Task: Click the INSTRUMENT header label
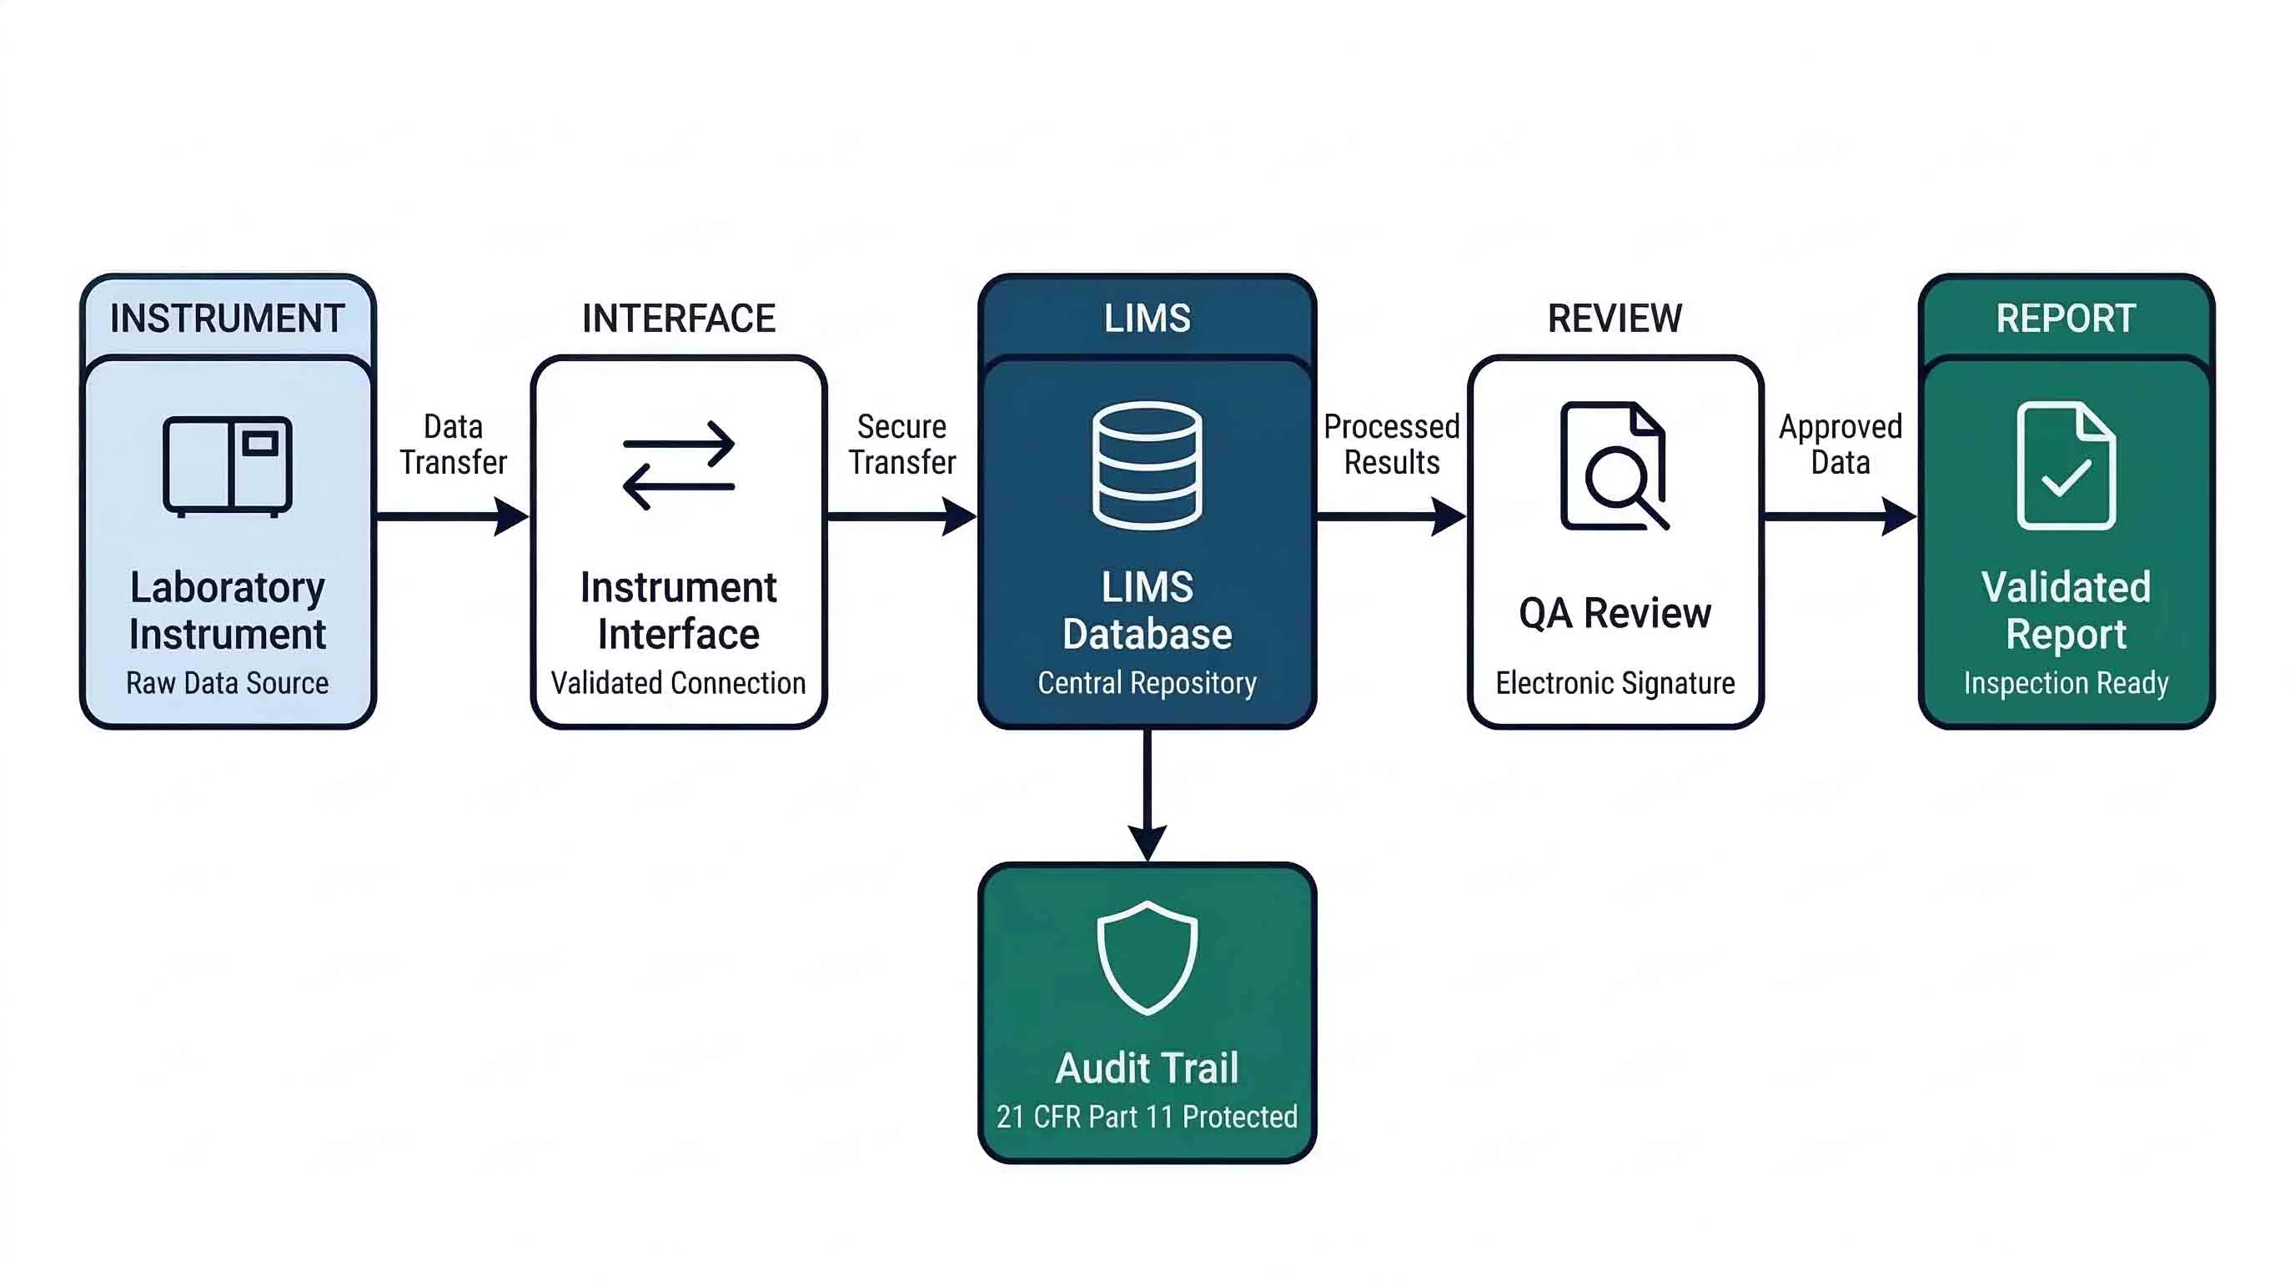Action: coord(227,318)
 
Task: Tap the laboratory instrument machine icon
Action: coord(227,466)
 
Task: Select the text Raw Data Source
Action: coord(227,683)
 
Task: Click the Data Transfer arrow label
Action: coord(453,445)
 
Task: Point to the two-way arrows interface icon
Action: coord(679,465)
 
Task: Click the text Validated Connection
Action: coord(678,683)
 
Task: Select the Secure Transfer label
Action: coord(901,445)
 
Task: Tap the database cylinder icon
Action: coord(1147,465)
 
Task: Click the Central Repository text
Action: coord(1147,683)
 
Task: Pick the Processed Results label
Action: coord(1391,445)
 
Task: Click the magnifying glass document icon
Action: coord(1614,466)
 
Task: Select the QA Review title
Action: coord(1615,614)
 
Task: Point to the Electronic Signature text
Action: coord(1615,683)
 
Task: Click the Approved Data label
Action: coord(1840,445)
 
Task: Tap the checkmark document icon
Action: coord(2065,466)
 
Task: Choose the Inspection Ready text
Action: coord(2065,683)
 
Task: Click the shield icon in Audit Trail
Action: coord(1147,957)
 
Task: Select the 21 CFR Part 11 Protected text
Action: coord(1147,1117)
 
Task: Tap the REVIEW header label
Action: coord(1615,318)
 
